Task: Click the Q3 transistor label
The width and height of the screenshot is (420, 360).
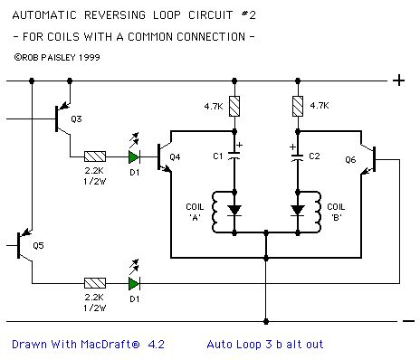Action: [x=76, y=118]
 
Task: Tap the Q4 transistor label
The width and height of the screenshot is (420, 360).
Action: [x=174, y=156]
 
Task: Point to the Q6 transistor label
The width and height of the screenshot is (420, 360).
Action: [x=349, y=158]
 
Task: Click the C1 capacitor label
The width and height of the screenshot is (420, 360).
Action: [x=218, y=156]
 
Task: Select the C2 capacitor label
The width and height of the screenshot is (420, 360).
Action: [x=314, y=156]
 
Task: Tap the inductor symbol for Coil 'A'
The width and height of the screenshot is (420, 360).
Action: [x=217, y=209]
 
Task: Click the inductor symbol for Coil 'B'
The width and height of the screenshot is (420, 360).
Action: [x=315, y=209]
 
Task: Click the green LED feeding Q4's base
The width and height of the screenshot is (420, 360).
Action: [x=135, y=155]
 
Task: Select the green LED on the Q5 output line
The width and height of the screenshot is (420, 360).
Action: [x=135, y=282]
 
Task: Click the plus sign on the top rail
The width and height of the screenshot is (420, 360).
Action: [x=398, y=81]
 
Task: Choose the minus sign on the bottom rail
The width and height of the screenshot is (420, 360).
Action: [x=406, y=319]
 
